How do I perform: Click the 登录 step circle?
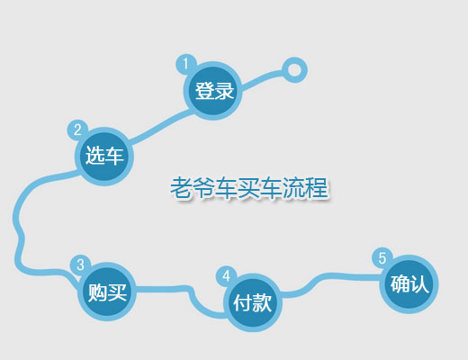212,91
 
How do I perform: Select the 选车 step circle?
104,157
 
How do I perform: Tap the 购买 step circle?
107,292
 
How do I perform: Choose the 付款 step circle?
253,302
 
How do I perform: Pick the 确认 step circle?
409,284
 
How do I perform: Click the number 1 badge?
185,64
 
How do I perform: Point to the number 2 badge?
77,130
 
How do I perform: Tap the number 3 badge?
80,265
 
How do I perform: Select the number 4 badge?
227,276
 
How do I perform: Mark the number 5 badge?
382,258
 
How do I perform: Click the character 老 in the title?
181,188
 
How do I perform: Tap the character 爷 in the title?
203,188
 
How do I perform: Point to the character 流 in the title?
294,188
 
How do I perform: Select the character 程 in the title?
317,188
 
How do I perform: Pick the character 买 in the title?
248,188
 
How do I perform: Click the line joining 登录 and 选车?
160,126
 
